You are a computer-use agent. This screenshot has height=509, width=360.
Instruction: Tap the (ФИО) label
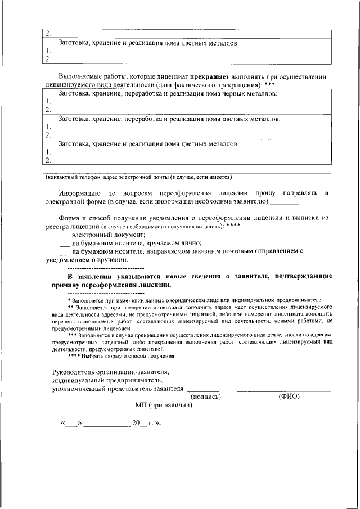[289, 396]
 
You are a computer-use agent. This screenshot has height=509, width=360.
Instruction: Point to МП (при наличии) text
[164, 405]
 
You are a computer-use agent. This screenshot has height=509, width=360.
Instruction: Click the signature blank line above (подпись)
[203, 390]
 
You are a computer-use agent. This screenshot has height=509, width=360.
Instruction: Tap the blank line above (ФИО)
[284, 390]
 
